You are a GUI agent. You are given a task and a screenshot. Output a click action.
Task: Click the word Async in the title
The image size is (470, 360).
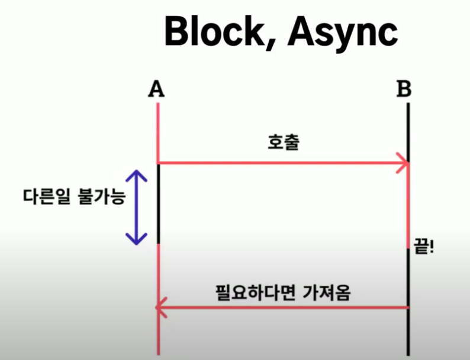[x=342, y=32]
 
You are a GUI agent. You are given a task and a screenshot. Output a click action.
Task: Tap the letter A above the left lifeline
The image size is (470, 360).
[x=156, y=89]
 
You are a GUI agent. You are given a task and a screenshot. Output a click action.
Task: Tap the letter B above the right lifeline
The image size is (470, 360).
[x=404, y=89]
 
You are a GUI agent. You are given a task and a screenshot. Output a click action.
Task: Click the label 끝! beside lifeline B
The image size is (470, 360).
[x=424, y=246]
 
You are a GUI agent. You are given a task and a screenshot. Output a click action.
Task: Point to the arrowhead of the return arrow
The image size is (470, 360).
[x=158, y=307]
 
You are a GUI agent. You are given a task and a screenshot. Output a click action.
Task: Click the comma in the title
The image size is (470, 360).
[x=274, y=43]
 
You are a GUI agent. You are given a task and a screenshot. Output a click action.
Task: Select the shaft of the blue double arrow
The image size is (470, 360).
[x=137, y=207]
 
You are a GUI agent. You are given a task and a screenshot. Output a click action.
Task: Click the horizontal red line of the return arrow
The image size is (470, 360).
[x=284, y=308]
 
